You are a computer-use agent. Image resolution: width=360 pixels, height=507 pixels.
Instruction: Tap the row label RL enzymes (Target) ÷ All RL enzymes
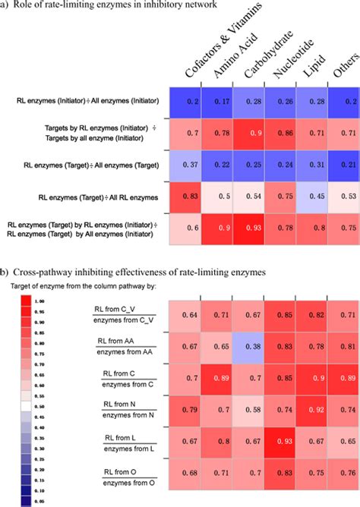[x=89, y=198]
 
